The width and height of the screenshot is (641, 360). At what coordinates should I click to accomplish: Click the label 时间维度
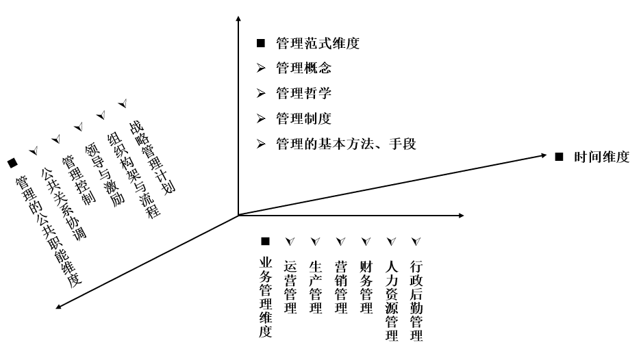pyautogui.click(x=601, y=157)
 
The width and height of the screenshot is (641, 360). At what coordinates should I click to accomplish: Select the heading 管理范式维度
pyautogui.click(x=317, y=44)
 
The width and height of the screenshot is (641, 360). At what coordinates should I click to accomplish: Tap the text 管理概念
pyautogui.click(x=304, y=69)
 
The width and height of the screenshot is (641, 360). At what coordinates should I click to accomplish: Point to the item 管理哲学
pyautogui.click(x=304, y=94)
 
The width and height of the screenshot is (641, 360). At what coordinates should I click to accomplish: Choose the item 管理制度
pyautogui.click(x=304, y=118)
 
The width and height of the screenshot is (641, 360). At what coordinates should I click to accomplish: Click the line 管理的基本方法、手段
pyautogui.click(x=345, y=144)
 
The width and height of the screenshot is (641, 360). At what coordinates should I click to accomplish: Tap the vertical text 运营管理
pyautogui.click(x=290, y=286)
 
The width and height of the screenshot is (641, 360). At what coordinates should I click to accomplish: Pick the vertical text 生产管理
pyautogui.click(x=316, y=286)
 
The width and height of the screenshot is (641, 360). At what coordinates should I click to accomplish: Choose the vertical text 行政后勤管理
pyautogui.click(x=415, y=299)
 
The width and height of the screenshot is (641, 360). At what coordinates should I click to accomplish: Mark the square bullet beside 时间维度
pyautogui.click(x=558, y=157)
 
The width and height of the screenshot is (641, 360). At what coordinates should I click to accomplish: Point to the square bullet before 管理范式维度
pyautogui.click(x=260, y=44)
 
